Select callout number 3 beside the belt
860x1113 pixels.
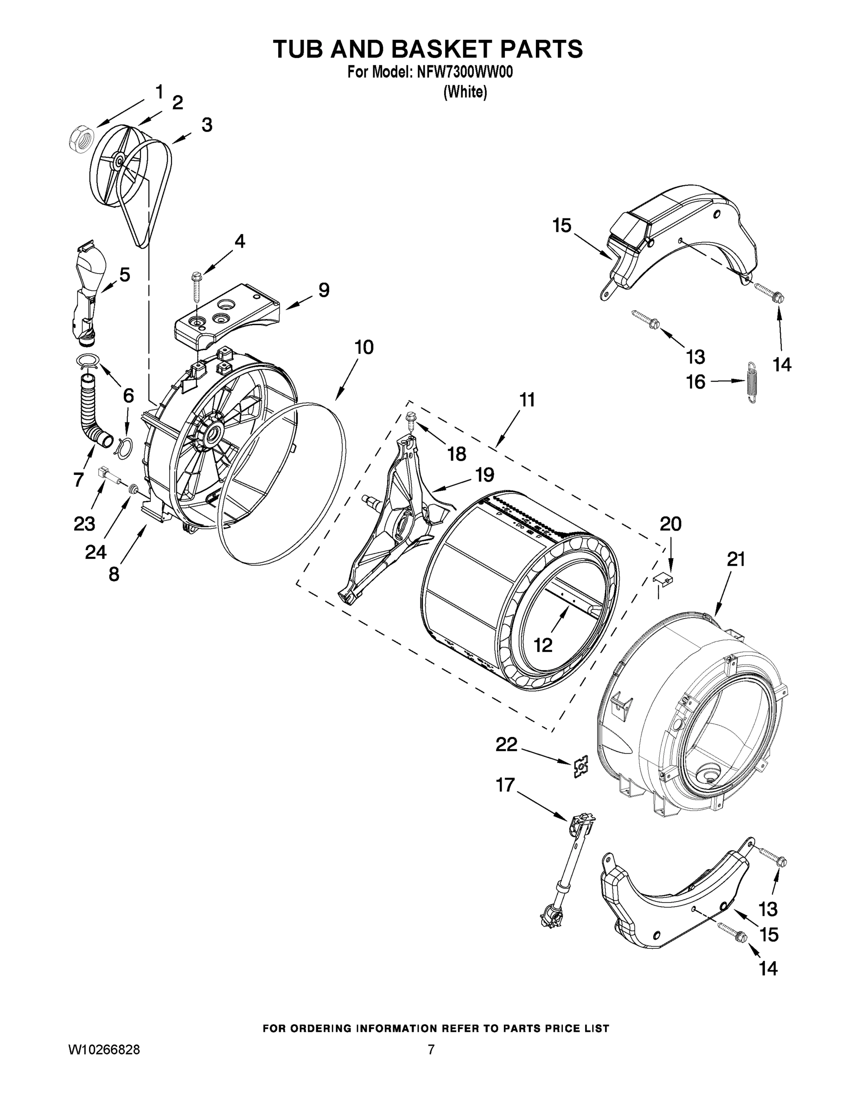pyautogui.click(x=206, y=125)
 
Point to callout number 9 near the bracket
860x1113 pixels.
pyautogui.click(x=324, y=290)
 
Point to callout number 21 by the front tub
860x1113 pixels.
pyautogui.click(x=736, y=560)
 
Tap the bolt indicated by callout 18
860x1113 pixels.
pyautogui.click(x=411, y=419)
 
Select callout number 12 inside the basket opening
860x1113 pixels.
pyautogui.click(x=543, y=646)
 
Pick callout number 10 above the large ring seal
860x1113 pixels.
pyautogui.click(x=364, y=347)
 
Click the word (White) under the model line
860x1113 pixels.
pyautogui.click(x=465, y=92)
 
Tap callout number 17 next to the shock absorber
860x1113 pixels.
pyautogui.click(x=505, y=785)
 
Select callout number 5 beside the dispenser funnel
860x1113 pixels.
pyautogui.click(x=124, y=275)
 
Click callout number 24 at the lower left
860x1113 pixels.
pyautogui.click(x=96, y=551)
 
